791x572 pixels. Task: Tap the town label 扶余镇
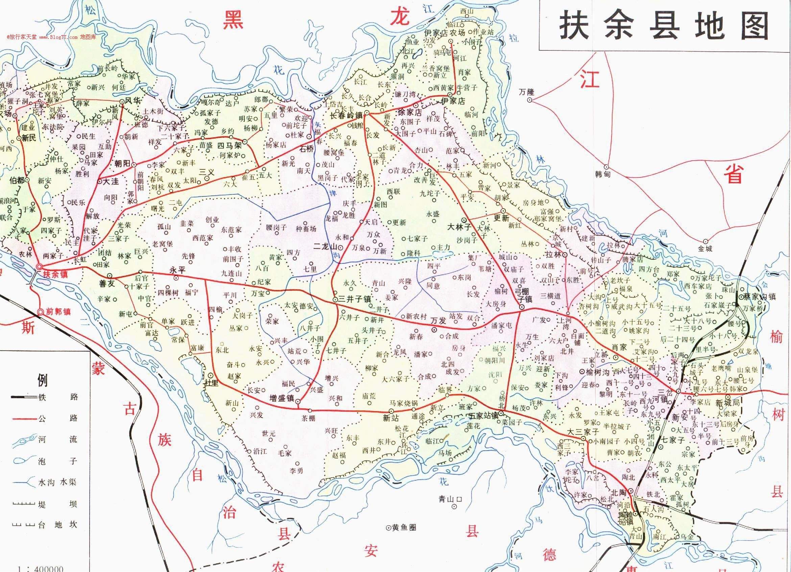55,275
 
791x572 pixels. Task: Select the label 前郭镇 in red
58,311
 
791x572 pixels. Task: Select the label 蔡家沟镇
759,296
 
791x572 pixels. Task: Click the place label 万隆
526,92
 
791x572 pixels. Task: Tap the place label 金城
704,248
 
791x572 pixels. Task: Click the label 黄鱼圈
404,528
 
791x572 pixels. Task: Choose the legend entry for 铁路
57,397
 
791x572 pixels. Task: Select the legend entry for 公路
57,418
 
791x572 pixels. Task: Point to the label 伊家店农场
444,33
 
